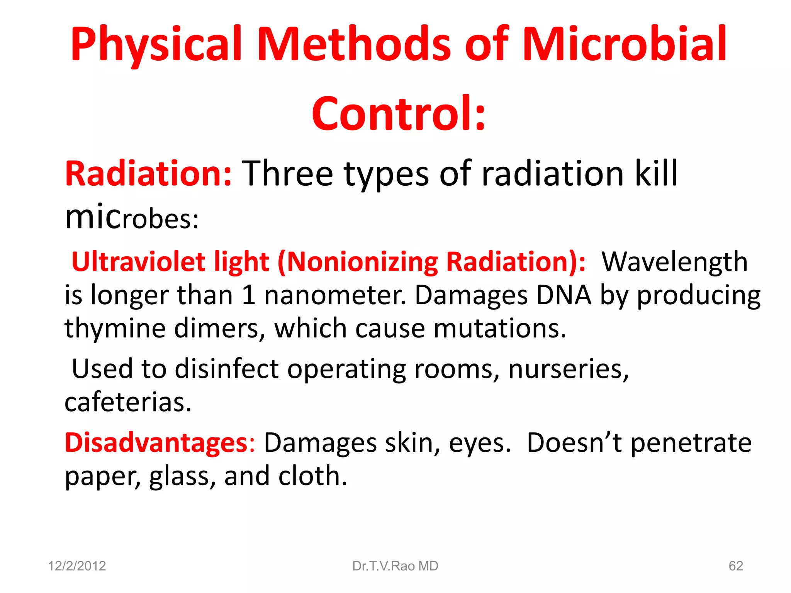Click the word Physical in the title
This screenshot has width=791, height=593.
tap(156, 44)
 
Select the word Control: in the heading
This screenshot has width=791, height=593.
tap(398, 114)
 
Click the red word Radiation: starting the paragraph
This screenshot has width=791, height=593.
tap(148, 174)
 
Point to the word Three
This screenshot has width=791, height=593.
tap(287, 174)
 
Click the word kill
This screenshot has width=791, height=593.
tap(656, 174)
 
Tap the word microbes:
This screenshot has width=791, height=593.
tap(131, 218)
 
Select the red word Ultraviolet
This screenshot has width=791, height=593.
tap(138, 262)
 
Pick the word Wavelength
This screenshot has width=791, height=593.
tap(674, 262)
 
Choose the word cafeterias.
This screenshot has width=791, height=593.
tap(128, 402)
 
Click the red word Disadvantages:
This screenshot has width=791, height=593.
tap(160, 442)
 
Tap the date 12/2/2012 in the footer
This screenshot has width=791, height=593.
tap(77, 566)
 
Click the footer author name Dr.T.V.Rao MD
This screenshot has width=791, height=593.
tap(395, 566)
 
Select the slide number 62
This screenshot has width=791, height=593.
tap(735, 566)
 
